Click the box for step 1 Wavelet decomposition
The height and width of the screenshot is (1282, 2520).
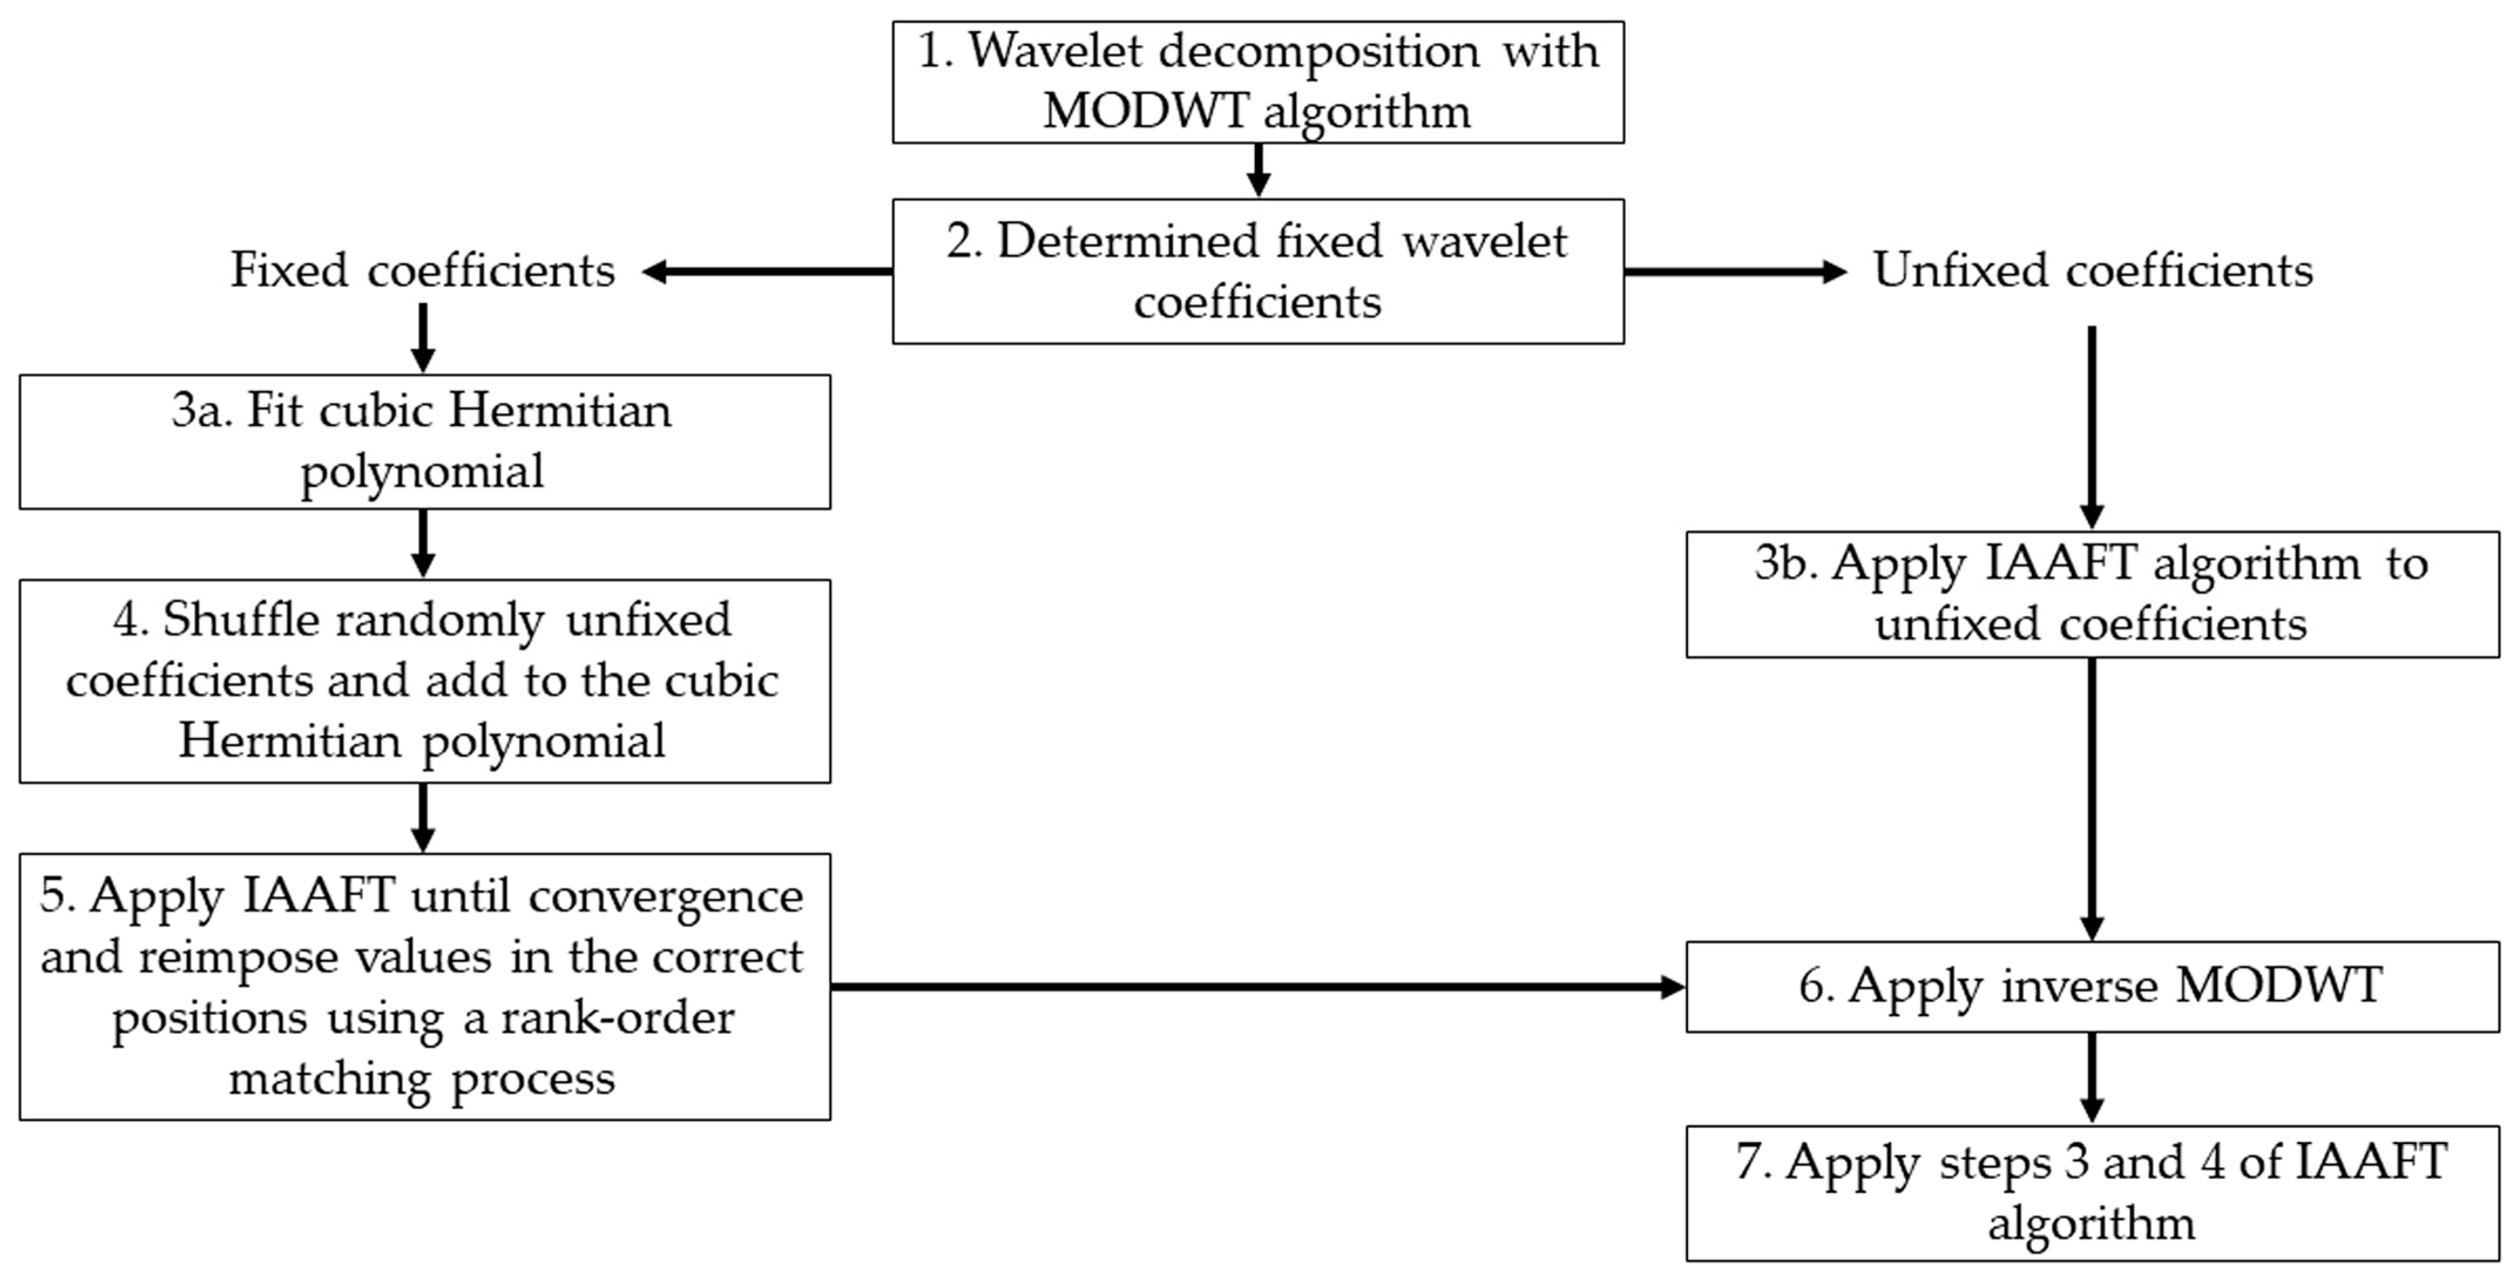[1258, 82]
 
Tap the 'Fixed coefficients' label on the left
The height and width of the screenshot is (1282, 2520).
[422, 270]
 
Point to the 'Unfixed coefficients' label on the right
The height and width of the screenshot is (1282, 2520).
[2092, 270]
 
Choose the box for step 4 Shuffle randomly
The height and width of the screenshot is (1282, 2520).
[425, 681]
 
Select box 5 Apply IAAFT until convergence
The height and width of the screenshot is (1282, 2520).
[425, 986]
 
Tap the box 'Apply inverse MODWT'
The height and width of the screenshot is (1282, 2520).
[2092, 986]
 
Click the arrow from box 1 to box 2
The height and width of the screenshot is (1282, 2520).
[1259, 170]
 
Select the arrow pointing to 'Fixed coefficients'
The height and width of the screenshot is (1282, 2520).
[767, 272]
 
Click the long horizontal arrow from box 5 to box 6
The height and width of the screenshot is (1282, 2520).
[1258, 986]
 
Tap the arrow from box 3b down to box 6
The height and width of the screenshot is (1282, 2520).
[2092, 799]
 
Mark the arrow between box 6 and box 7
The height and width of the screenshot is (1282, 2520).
[2092, 1078]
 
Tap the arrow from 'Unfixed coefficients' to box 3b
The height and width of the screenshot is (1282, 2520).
[2092, 428]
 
